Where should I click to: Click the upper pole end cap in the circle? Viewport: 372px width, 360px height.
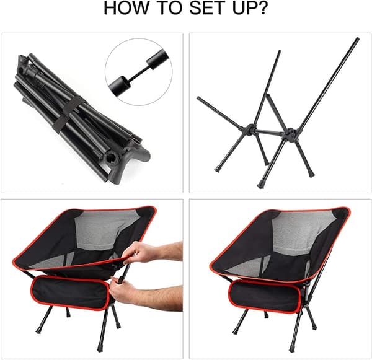click(157, 59)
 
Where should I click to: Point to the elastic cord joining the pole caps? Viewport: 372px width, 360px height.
click(139, 73)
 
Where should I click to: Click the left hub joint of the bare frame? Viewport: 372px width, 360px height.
click(249, 130)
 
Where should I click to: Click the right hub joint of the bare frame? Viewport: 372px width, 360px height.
click(290, 134)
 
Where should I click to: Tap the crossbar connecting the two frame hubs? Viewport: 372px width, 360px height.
click(270, 131)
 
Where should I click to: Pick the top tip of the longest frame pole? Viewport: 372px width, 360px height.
click(357, 39)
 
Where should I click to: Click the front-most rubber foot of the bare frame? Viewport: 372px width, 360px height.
click(261, 185)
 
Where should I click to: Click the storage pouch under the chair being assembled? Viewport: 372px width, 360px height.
click(70, 293)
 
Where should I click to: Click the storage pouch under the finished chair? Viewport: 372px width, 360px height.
click(265, 296)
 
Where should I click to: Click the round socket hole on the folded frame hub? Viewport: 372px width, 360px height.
click(111, 157)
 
